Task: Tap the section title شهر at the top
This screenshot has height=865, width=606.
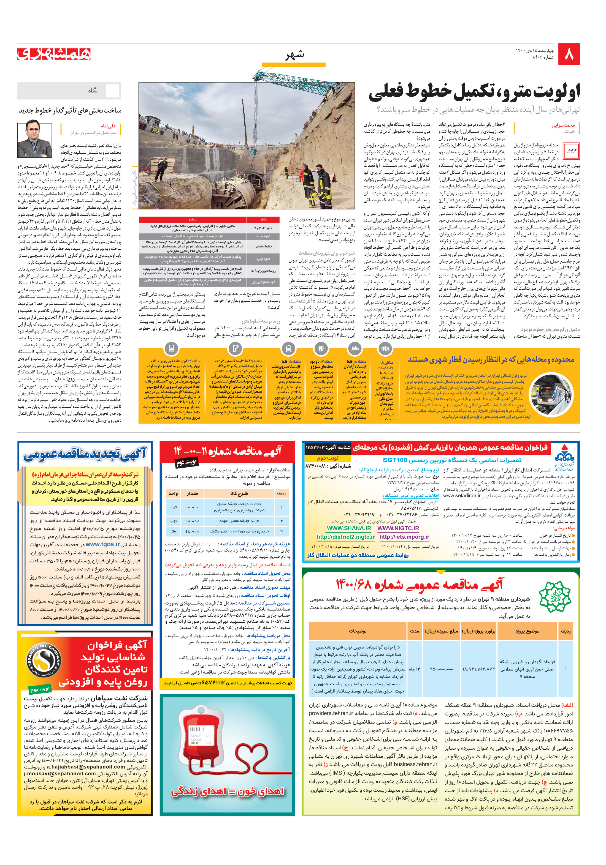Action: [294, 55]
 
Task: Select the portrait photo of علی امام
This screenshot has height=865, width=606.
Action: [34, 140]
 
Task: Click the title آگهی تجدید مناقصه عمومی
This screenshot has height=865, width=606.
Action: [85, 455]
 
